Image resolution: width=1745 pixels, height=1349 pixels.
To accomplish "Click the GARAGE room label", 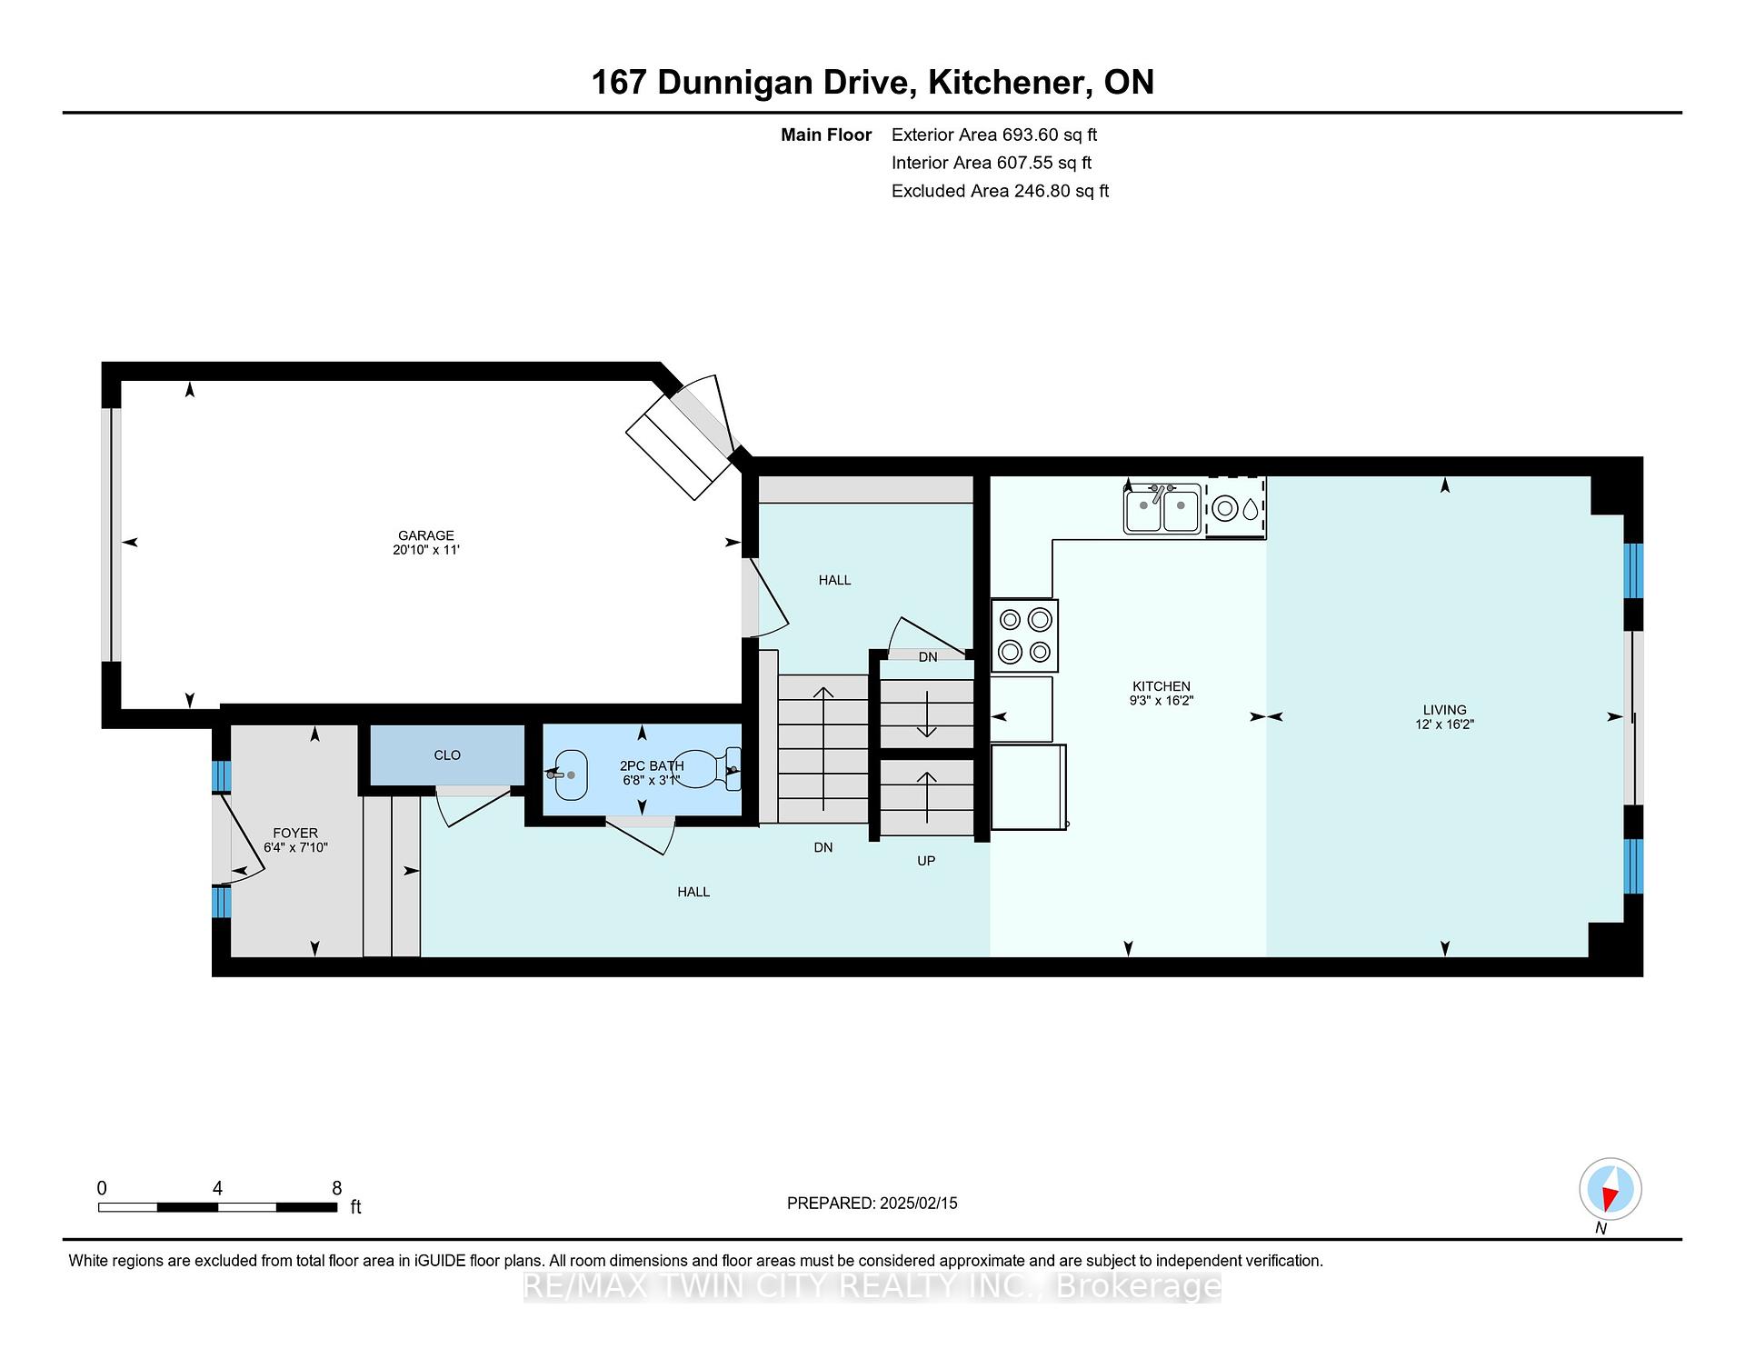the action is click(x=425, y=535).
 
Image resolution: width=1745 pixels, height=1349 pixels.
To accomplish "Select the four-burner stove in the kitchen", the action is click(x=1024, y=635).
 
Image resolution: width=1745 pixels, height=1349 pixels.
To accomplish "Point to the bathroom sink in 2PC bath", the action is click(x=569, y=774).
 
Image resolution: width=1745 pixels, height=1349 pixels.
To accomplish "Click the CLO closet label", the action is click(x=447, y=755).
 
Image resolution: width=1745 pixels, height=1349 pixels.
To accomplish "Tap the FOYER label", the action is click(x=295, y=833).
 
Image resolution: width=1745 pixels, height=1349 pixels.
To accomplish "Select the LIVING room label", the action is click(x=1445, y=710).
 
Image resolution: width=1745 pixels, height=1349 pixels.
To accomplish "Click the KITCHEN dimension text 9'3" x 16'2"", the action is click(x=1162, y=701).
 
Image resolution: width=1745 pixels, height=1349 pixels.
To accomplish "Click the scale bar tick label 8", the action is click(x=337, y=1188).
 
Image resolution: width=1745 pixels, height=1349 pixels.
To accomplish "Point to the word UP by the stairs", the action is click(x=926, y=861).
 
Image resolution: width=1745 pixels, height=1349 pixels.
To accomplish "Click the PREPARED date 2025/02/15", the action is click(x=919, y=1203).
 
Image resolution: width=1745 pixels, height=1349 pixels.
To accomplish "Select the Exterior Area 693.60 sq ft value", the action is click(x=1050, y=135).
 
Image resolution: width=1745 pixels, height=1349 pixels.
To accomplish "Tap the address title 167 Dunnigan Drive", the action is click(x=751, y=82).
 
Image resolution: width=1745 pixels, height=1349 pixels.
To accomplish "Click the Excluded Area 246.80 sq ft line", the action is click(x=1000, y=191).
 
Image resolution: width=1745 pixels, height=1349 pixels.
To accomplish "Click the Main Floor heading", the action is click(x=826, y=135).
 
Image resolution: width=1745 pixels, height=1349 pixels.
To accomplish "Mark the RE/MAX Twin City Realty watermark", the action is click(x=872, y=1286).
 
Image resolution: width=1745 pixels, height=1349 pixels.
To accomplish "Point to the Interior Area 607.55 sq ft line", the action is click(x=992, y=163).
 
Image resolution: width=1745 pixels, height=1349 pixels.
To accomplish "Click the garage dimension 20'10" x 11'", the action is click(x=426, y=550).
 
